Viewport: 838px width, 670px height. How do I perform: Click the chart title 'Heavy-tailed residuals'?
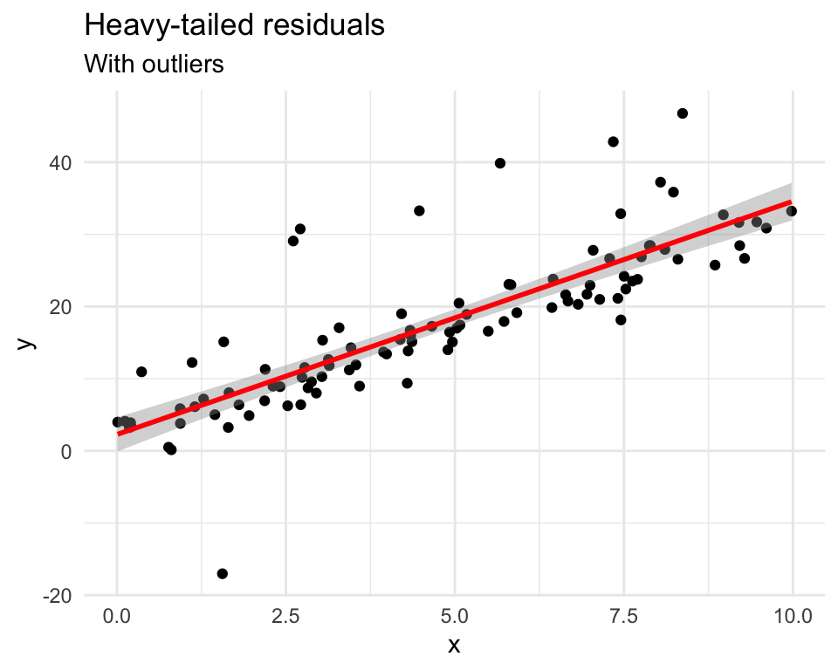tap(234, 26)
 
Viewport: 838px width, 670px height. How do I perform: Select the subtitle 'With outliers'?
tap(155, 64)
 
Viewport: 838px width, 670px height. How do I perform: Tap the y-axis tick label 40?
tap(66, 163)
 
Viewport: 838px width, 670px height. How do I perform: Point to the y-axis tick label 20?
tap(66, 307)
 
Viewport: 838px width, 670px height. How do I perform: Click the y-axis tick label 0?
tap(72, 451)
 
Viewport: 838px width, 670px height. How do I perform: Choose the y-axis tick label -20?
tap(63, 595)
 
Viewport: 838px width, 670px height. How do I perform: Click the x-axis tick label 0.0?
tap(117, 617)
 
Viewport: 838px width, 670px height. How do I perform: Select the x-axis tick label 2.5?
tap(286, 617)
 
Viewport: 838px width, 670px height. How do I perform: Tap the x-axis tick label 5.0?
tap(455, 617)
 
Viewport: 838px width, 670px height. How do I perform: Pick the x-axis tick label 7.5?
tap(624, 617)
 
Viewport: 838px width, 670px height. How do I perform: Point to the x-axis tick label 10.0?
tap(793, 617)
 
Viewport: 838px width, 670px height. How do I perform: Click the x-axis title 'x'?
tap(454, 646)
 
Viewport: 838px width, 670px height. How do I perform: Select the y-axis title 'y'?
tap(28, 343)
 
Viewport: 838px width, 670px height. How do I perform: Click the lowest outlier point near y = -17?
tap(223, 573)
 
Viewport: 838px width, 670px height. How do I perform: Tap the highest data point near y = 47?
tap(683, 113)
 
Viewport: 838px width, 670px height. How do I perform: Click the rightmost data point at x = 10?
tap(792, 211)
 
